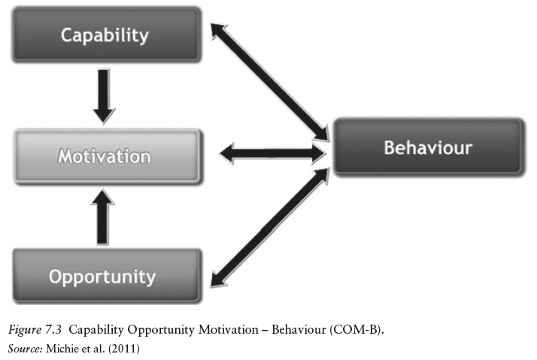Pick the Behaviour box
point(427,147)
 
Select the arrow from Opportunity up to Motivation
point(105,216)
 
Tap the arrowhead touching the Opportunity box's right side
point(217,280)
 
